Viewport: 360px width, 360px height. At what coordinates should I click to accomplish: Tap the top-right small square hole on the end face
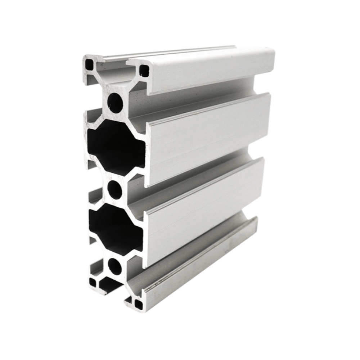(144, 71)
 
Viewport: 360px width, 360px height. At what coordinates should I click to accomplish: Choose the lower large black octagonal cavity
(115, 230)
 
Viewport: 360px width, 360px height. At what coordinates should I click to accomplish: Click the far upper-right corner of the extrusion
(273, 50)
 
